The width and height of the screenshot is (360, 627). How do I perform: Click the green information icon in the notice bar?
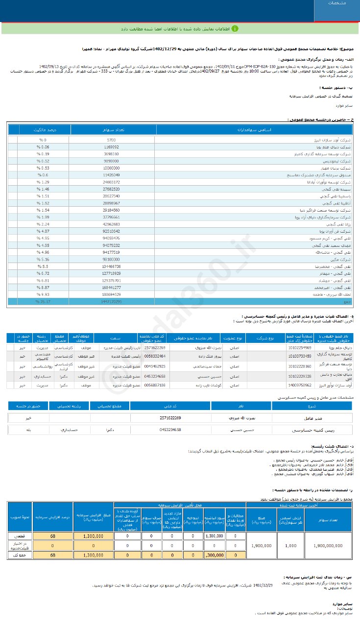tap(235, 28)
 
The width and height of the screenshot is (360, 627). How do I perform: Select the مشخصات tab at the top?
tap(337, 3)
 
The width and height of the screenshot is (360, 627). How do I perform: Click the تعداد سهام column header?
tap(113, 130)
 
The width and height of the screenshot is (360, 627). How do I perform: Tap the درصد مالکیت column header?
tap(45, 130)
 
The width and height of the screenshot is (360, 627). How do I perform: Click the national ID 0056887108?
tap(155, 386)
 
